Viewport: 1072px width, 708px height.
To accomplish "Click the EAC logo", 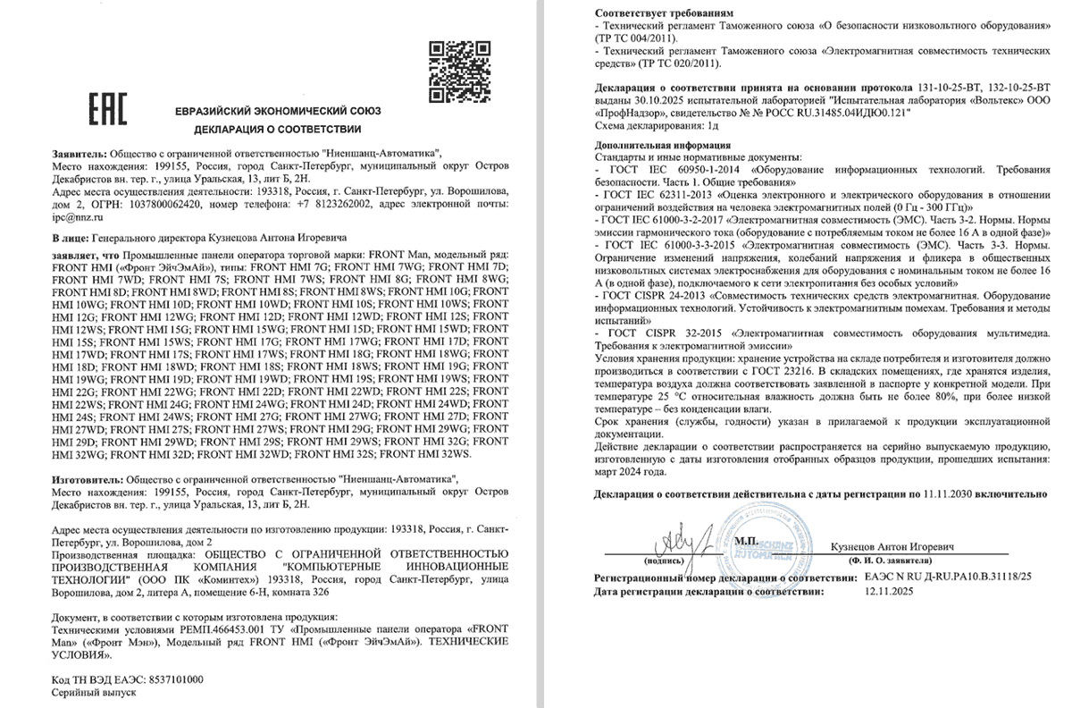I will (x=108, y=108).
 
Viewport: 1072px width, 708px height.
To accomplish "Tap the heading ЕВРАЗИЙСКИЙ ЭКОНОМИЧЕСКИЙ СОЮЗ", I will (x=279, y=111).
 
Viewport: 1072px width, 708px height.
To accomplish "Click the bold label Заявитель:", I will (x=80, y=155).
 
